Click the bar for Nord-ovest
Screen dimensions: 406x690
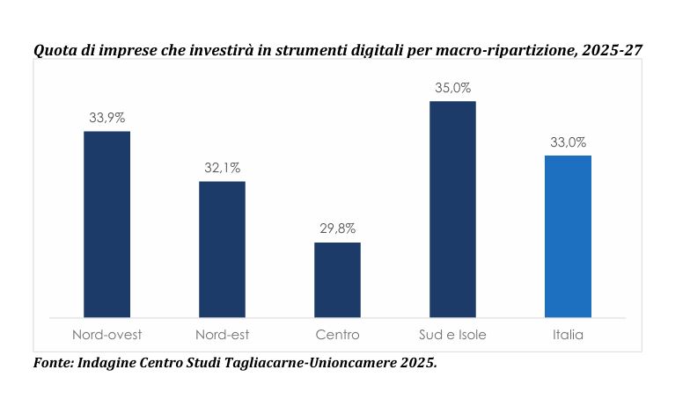pyautogui.click(x=106, y=224)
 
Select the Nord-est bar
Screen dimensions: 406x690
pyautogui.click(x=222, y=249)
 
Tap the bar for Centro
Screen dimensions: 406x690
pyautogui.click(x=337, y=279)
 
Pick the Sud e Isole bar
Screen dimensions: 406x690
pyautogui.click(x=452, y=209)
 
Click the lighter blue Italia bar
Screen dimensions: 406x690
pyautogui.click(x=568, y=236)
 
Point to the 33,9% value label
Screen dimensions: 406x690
pyautogui.click(x=106, y=118)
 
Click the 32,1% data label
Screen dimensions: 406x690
pyautogui.click(x=222, y=168)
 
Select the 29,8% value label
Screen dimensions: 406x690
pyautogui.click(x=337, y=228)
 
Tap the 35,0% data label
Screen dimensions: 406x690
pyautogui.click(x=452, y=88)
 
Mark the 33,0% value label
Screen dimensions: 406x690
pyautogui.click(x=568, y=142)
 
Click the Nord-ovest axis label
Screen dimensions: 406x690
pyautogui.click(x=106, y=335)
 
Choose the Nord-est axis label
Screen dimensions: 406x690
pyautogui.click(x=222, y=335)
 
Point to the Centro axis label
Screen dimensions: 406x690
pyautogui.click(x=337, y=335)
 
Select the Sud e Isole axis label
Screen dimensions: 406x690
pyautogui.click(x=452, y=335)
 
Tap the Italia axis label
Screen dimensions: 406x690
pyautogui.click(x=568, y=335)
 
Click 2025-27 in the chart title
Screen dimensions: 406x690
pyautogui.click(x=617, y=51)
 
